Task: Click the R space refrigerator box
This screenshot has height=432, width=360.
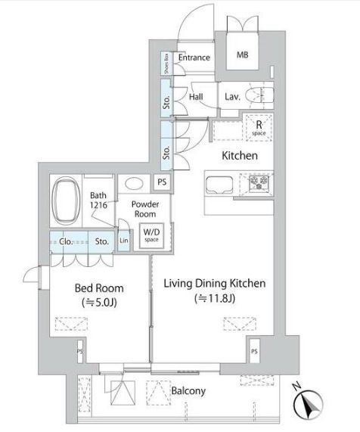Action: tap(259, 127)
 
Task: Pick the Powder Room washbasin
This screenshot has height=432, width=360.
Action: tap(135, 182)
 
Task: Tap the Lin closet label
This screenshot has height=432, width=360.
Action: tap(124, 241)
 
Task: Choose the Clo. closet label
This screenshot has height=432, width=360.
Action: tap(66, 242)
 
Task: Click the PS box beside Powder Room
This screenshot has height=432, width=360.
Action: tap(162, 182)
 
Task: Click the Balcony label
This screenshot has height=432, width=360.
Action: tap(188, 391)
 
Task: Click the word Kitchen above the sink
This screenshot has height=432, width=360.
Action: tap(239, 156)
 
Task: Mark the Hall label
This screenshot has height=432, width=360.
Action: tap(196, 97)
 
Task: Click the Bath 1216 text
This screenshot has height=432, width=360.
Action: tap(98, 199)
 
